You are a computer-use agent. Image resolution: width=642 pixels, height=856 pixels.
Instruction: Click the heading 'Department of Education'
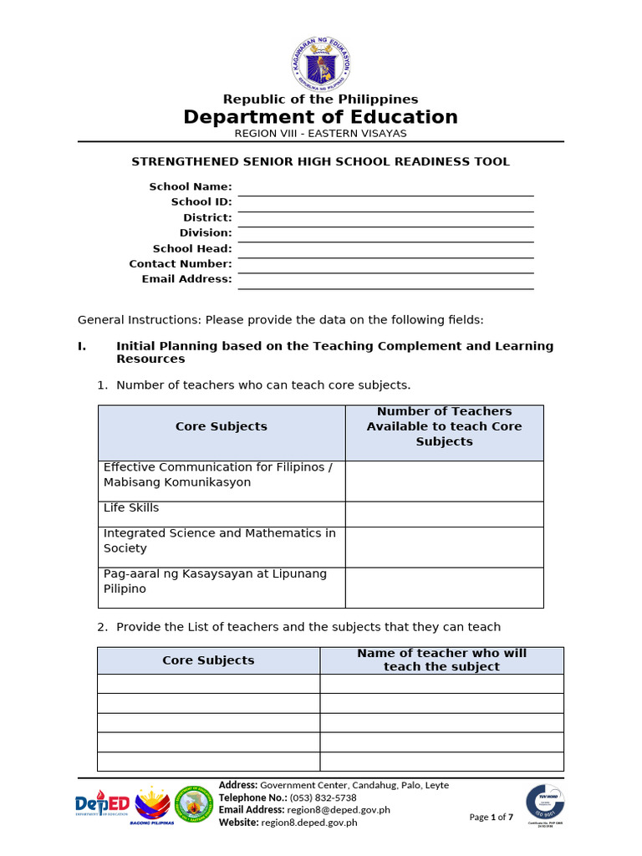321,117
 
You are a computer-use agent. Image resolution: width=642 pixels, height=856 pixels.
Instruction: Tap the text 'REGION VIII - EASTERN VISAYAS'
321,134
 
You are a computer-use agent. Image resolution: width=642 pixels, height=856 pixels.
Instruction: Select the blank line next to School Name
385,189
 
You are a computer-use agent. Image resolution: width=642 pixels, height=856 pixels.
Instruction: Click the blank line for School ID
385,204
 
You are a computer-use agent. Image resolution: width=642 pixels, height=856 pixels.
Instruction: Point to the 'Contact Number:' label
181,264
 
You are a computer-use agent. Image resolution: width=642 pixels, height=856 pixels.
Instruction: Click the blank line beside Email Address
385,282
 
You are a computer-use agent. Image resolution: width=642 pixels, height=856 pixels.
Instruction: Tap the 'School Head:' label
192,248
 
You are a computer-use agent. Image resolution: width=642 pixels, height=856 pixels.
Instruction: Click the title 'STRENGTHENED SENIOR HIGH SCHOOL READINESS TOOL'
321,162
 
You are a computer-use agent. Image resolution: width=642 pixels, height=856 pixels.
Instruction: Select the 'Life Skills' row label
131,508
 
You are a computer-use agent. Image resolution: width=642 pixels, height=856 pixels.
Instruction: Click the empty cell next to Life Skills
444,514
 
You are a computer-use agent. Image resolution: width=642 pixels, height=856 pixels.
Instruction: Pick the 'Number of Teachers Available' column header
444,426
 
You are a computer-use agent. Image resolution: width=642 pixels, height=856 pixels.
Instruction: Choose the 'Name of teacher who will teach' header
441,660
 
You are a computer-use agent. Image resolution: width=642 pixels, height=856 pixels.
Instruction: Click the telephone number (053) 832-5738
323,797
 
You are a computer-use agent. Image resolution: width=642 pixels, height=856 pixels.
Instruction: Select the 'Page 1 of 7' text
492,818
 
